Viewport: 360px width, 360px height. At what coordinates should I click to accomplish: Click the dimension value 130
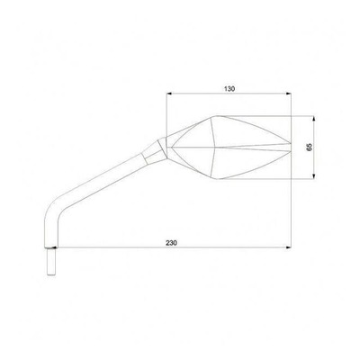pos(229,89)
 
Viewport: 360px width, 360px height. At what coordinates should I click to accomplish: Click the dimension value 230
pos(172,243)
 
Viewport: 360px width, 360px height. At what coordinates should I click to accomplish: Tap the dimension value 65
pos(310,147)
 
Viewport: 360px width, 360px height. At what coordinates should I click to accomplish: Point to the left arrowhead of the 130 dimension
pos(169,94)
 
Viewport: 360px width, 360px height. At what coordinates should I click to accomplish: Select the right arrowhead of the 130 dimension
pos(289,94)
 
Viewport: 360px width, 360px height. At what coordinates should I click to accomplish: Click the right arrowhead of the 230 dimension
pos(289,247)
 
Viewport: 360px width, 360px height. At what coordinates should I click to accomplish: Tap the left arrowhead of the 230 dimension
pos(55,247)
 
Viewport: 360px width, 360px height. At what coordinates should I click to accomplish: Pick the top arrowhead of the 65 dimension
pos(314,119)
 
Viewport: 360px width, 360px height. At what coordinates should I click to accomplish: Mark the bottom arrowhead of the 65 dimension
pos(314,176)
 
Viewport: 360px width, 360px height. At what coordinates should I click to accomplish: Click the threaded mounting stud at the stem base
pos(51,262)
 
